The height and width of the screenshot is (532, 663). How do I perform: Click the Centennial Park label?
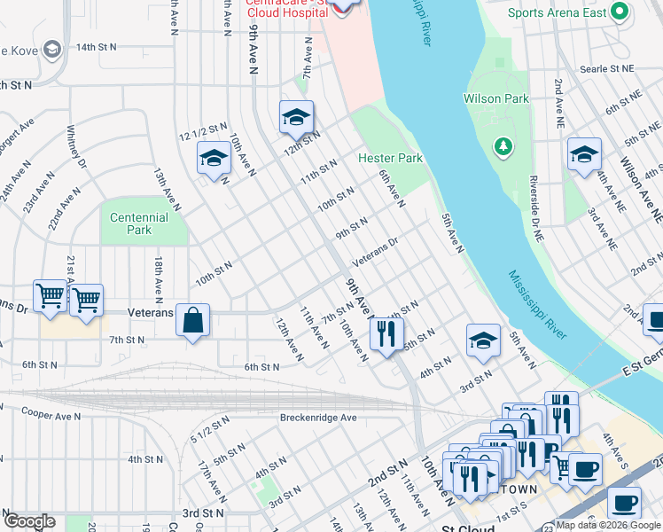click(139, 223)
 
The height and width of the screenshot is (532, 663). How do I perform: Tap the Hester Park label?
click(390, 158)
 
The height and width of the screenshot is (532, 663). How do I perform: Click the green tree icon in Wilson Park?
click(503, 145)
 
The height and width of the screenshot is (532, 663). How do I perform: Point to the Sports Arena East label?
click(557, 12)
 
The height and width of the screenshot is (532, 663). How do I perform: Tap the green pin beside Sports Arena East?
click(620, 12)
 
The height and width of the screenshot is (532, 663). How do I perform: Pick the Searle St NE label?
click(607, 68)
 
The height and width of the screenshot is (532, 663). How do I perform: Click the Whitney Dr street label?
click(77, 146)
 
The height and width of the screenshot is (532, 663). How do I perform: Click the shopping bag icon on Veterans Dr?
click(192, 320)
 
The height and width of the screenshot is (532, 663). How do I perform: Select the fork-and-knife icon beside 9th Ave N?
click(384, 334)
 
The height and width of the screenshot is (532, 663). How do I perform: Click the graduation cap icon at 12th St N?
click(297, 116)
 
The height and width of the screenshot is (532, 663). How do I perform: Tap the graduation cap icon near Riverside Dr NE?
click(584, 153)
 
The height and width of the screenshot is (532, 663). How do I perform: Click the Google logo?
click(29, 520)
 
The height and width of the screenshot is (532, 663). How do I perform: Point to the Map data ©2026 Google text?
click(608, 525)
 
